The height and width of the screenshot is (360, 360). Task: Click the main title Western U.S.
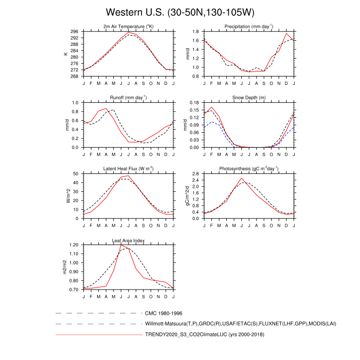(x=179, y=11)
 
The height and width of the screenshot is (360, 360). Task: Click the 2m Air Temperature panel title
(x=129, y=26)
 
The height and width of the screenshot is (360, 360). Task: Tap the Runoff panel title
(x=129, y=97)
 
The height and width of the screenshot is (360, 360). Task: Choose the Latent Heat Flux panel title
(x=129, y=169)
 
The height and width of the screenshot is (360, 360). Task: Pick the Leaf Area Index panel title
(x=129, y=240)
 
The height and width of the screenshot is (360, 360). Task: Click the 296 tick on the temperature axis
(x=75, y=31)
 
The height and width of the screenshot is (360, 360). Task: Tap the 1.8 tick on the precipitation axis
(x=196, y=31)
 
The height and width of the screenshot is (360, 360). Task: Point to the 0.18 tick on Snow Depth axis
(x=194, y=103)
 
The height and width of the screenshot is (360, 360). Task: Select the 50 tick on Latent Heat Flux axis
(x=77, y=174)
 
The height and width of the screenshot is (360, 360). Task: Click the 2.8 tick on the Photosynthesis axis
(x=196, y=174)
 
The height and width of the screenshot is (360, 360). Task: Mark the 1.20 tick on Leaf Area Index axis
(x=74, y=245)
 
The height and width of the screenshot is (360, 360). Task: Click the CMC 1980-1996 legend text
(x=164, y=313)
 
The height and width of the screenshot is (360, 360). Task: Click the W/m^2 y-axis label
(x=66, y=196)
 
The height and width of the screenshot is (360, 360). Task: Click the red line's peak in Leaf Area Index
(x=121, y=245)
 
